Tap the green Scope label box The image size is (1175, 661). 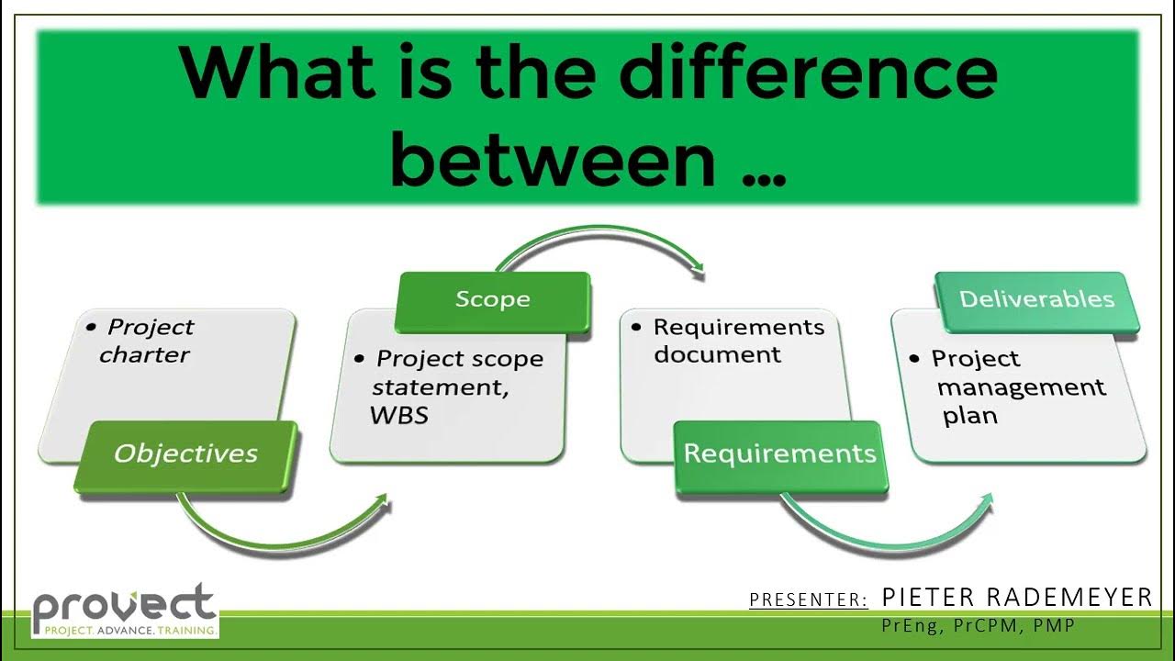coord(493,301)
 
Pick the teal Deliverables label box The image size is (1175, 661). coord(1036,301)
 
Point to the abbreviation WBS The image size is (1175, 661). coord(399,415)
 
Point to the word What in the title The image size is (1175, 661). coord(274,73)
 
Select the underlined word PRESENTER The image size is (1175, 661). coord(809,600)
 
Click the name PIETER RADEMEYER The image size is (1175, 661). coord(1016,598)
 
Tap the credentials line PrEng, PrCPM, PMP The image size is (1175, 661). coord(978,626)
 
